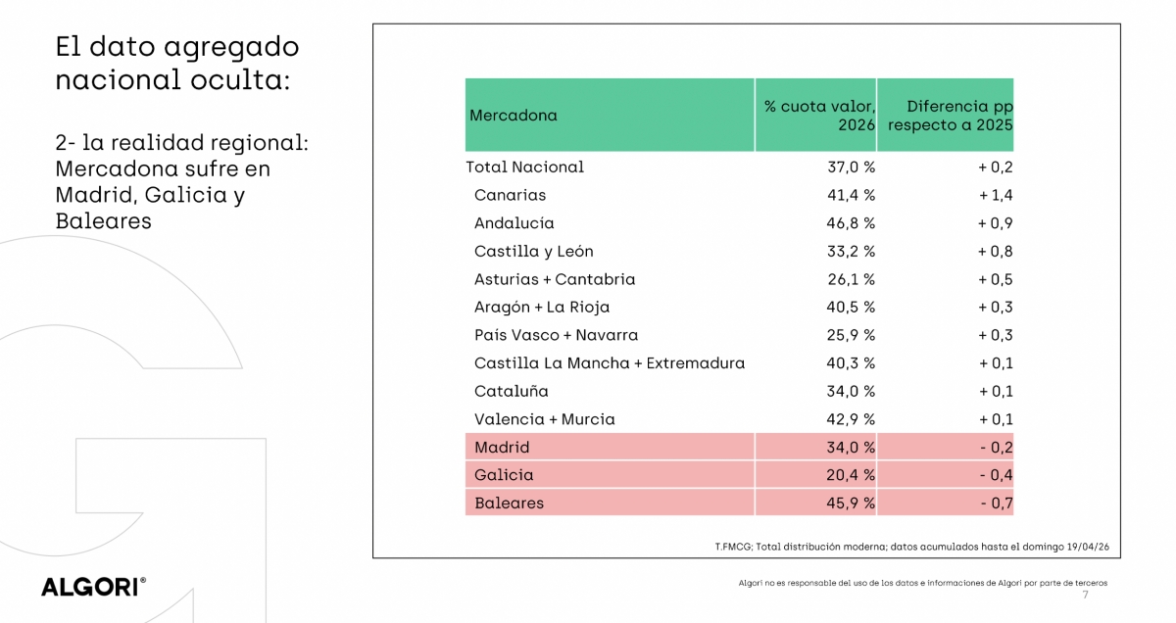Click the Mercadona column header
(x=514, y=116)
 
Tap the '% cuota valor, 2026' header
(x=820, y=116)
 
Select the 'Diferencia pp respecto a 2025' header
(x=950, y=116)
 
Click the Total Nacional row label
(x=525, y=168)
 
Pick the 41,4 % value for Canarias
(x=851, y=195)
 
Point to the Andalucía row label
(x=514, y=223)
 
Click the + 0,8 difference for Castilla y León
(x=995, y=251)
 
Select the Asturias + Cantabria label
(x=555, y=279)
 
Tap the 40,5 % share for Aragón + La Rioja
(x=851, y=308)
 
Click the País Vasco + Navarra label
(x=556, y=335)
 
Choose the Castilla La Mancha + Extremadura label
(x=609, y=363)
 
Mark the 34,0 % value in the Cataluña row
(x=851, y=391)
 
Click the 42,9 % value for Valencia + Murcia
(x=851, y=419)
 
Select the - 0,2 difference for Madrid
(x=996, y=448)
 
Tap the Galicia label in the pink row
(x=504, y=475)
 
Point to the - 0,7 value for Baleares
(x=996, y=503)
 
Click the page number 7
(x=1085, y=596)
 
